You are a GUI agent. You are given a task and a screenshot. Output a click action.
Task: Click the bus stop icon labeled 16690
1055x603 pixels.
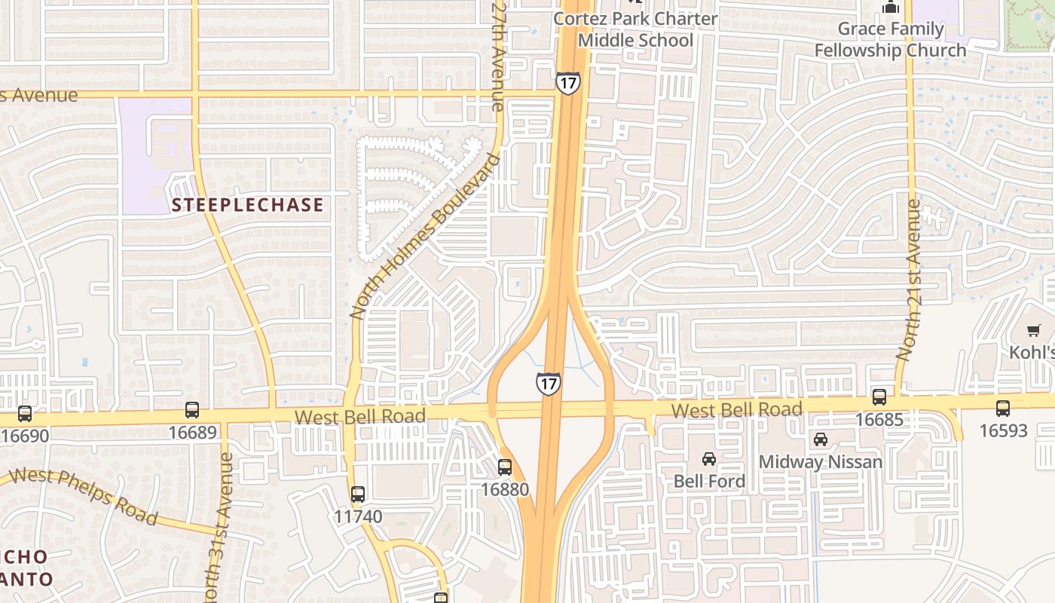[25, 413]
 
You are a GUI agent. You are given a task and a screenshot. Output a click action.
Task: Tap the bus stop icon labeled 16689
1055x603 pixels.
[192, 410]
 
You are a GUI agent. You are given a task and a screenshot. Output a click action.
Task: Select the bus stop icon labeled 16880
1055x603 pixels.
[505, 467]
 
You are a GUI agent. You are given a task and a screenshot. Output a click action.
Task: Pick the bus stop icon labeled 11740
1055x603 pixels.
[358, 494]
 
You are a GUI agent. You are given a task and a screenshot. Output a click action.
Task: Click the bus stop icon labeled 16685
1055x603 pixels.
[879, 396]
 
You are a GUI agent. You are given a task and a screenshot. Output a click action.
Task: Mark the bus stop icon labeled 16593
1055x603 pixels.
[1003, 409]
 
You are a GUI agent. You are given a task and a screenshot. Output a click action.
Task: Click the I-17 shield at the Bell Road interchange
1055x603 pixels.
[549, 383]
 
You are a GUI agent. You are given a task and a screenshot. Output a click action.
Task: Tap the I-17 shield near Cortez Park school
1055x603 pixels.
[568, 83]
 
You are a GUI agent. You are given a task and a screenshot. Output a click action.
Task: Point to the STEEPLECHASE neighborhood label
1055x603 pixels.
[247, 205]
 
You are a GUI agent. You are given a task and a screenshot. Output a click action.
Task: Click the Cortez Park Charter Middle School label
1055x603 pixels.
[635, 29]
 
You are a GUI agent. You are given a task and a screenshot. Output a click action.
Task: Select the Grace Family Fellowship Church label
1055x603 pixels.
[891, 39]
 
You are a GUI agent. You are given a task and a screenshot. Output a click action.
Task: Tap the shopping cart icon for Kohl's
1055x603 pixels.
[1033, 330]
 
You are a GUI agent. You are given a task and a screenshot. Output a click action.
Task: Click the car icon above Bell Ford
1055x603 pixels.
[709, 458]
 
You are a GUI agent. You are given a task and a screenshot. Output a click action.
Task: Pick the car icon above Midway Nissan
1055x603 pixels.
[821, 439]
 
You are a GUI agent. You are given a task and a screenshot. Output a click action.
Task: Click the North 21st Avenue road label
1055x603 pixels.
[908, 279]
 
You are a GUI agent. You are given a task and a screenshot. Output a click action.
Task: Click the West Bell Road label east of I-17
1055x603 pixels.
[736, 410]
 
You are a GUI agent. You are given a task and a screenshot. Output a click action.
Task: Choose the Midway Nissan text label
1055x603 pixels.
[820, 461]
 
